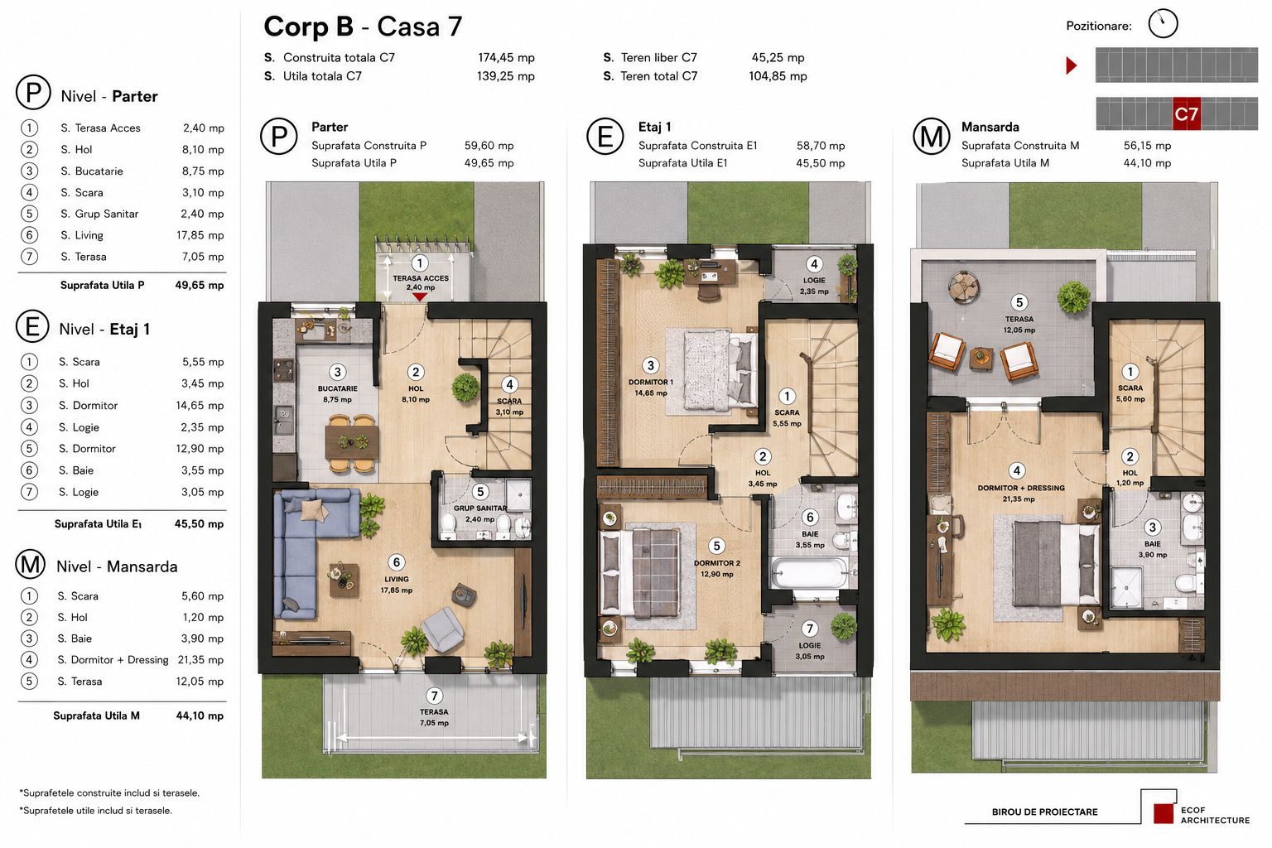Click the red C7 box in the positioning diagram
[x=1186, y=114]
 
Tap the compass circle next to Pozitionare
[x=1163, y=24]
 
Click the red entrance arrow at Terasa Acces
[x=419, y=296]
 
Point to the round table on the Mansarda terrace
[x=964, y=285]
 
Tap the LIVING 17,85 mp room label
[x=397, y=585]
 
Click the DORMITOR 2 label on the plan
[x=716, y=563]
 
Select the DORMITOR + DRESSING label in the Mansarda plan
[x=1021, y=488]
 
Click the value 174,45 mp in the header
[x=506, y=57]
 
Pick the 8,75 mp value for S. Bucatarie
[x=203, y=171]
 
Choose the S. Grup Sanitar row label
[x=99, y=214]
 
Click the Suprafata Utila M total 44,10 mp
[x=200, y=715]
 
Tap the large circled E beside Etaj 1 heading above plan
[x=605, y=137]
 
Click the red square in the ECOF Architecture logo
[x=1164, y=813]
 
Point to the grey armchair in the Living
[x=444, y=629]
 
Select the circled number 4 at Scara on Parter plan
[x=509, y=384]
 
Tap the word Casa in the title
[x=408, y=26]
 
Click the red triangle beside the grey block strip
[x=1071, y=65]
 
